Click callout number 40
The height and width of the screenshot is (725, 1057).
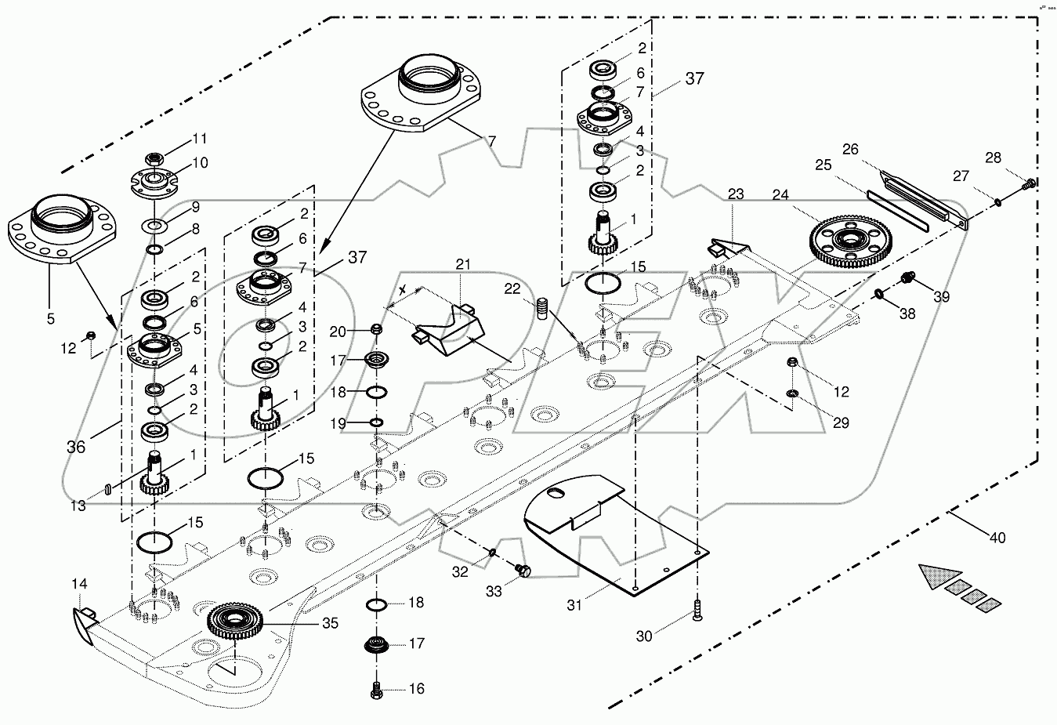[997, 538]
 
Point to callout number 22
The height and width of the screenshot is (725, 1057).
[512, 289]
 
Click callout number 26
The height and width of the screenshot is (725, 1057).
[851, 148]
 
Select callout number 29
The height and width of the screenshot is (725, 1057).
[840, 422]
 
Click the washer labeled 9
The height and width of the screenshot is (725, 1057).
[155, 227]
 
